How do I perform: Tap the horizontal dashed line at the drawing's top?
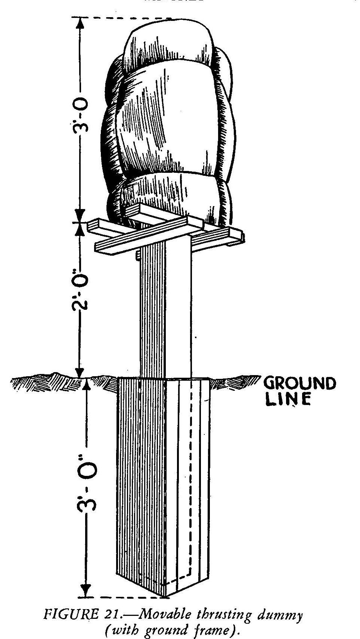click(x=123, y=18)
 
